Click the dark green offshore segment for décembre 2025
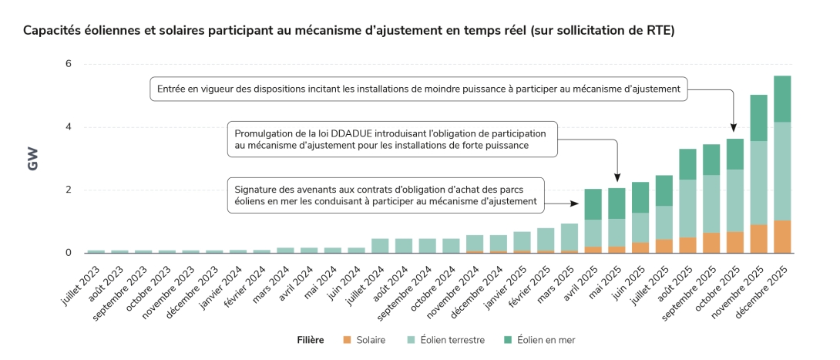pyautogui.click(x=782, y=99)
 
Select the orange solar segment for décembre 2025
pyautogui.click(x=782, y=237)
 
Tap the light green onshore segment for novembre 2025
pyautogui.click(x=758, y=183)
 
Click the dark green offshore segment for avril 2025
pyautogui.click(x=593, y=204)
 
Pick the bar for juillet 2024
pyautogui.click(x=380, y=246)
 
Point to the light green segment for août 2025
pyautogui.click(x=687, y=208)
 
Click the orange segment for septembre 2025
pyautogui.click(x=711, y=243)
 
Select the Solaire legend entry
pyautogui.click(x=365, y=340)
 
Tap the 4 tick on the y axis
pyautogui.click(x=68, y=127)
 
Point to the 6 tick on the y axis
pyautogui.click(x=68, y=64)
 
